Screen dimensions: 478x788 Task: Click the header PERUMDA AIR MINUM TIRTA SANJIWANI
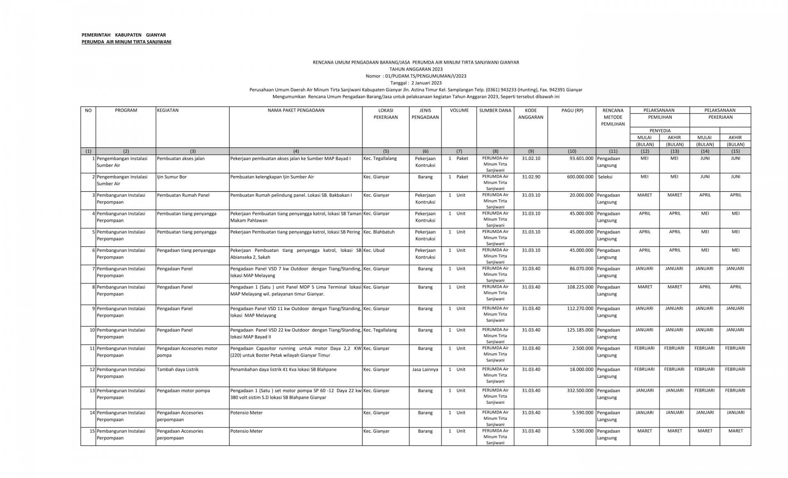coord(126,42)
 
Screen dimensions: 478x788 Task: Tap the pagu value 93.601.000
coord(581,158)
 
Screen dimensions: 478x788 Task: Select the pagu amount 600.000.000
coord(580,177)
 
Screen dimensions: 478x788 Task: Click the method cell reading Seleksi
coord(605,177)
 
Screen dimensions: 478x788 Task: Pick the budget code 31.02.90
coord(531,177)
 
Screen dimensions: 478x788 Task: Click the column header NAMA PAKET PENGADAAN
coord(296,110)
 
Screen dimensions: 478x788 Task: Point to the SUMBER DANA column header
coord(495,110)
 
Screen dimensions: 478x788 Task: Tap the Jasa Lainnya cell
coord(425,370)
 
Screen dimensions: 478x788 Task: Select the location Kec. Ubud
coord(374,250)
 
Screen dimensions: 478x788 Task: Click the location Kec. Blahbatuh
coord(379,232)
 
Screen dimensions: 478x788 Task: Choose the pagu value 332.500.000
coord(580,391)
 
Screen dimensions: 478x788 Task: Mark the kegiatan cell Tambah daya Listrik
coord(178,370)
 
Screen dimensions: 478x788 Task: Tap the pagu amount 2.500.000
coord(583,348)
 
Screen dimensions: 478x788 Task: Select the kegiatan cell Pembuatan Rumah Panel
coord(183,195)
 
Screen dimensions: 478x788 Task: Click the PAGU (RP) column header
coord(572,110)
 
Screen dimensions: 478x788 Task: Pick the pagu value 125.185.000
coord(580,330)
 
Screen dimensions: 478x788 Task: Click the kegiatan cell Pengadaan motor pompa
coord(183,391)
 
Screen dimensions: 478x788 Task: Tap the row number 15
coord(92,431)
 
